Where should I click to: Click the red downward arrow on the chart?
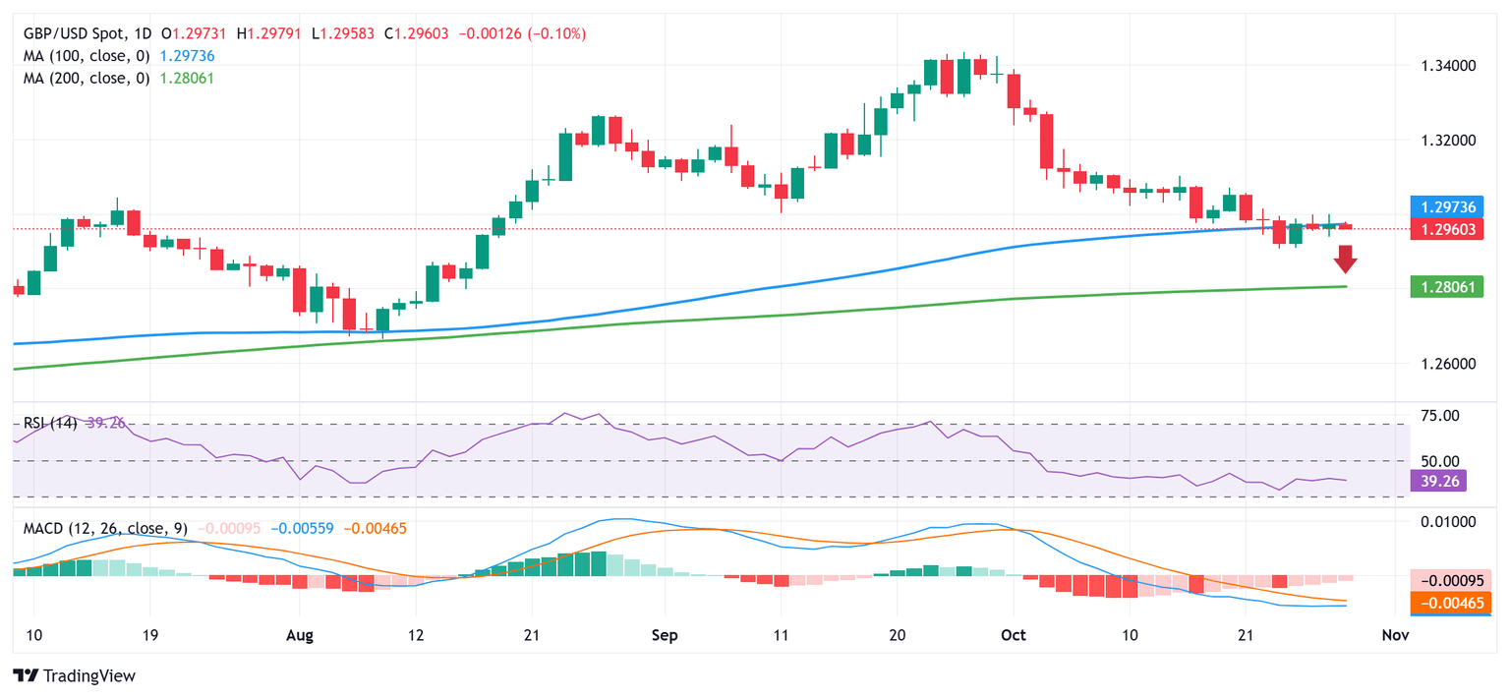(x=1345, y=260)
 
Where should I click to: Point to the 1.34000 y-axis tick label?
(x=1449, y=66)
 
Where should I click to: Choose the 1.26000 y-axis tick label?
(x=1449, y=364)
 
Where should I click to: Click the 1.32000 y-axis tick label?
(x=1449, y=140)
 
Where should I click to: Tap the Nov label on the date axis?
(x=1395, y=636)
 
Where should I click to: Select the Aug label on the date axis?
(x=299, y=636)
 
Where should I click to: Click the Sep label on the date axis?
(x=665, y=636)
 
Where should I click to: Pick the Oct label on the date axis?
(x=1014, y=636)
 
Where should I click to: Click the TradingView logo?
(x=74, y=676)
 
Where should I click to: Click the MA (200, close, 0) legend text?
(x=87, y=78)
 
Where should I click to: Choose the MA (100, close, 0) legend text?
(x=87, y=56)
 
